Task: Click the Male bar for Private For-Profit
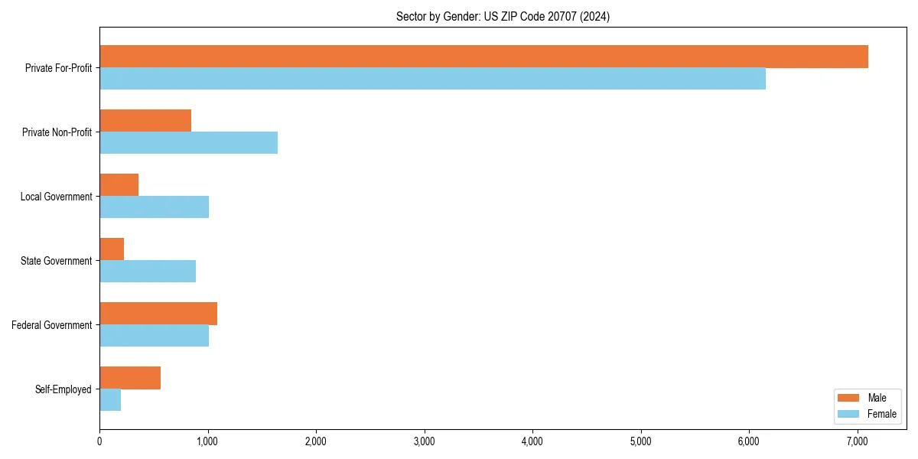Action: (483, 57)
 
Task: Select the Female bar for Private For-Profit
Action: (432, 79)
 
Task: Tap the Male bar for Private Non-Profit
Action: (145, 121)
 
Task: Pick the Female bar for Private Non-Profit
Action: (188, 143)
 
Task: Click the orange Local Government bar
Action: (119, 185)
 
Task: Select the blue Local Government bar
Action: (154, 207)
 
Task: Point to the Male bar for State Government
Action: (112, 249)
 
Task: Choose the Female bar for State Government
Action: (148, 272)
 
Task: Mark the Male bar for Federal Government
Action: (158, 314)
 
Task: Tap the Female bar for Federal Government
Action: (154, 336)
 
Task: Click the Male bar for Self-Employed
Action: (130, 378)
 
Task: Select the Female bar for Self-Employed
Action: (110, 400)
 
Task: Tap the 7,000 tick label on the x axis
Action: (857, 441)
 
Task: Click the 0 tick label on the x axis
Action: (99, 441)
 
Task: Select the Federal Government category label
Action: (52, 325)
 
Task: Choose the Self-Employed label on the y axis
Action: (63, 389)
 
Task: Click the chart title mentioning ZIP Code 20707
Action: (503, 16)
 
